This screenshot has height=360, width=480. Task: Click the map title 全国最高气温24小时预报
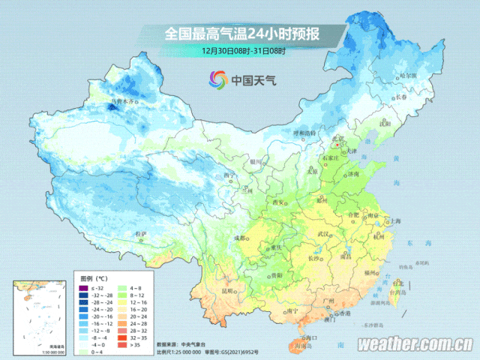pyautogui.click(x=241, y=34)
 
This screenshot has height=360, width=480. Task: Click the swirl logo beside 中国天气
pyautogui.click(x=217, y=79)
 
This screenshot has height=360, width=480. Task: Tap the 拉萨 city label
pyautogui.click(x=141, y=234)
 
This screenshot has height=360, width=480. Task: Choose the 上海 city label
pyautogui.click(x=391, y=221)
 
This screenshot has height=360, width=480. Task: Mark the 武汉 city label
pyautogui.click(x=324, y=235)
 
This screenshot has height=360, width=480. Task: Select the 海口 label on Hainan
pyautogui.click(x=304, y=338)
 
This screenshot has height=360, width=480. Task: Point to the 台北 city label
pyautogui.click(x=397, y=283)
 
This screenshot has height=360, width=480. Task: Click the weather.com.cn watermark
pyautogui.click(x=414, y=345)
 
